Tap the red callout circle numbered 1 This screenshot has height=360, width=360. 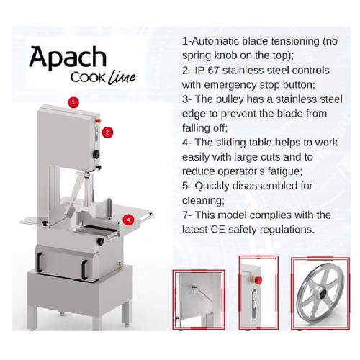tap(73, 103)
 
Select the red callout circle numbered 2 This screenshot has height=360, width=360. tap(107, 132)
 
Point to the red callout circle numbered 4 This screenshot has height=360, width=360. tap(127, 219)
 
